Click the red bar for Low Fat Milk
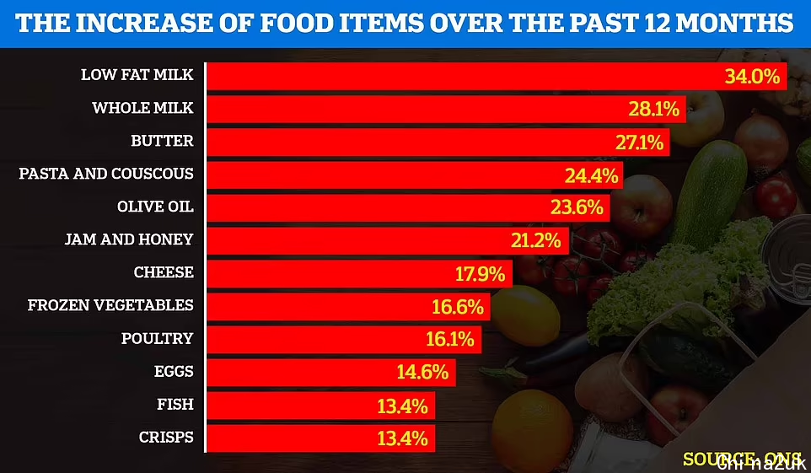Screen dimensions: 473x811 455,75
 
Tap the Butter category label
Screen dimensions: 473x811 162,141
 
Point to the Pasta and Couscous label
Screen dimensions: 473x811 106,174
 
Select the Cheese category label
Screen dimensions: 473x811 164,272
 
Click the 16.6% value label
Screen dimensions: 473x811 460,306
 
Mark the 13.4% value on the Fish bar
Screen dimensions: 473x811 404,406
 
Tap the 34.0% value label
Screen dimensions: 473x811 752,76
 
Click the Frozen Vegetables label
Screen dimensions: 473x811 110,305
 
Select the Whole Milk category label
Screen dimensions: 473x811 142,108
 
